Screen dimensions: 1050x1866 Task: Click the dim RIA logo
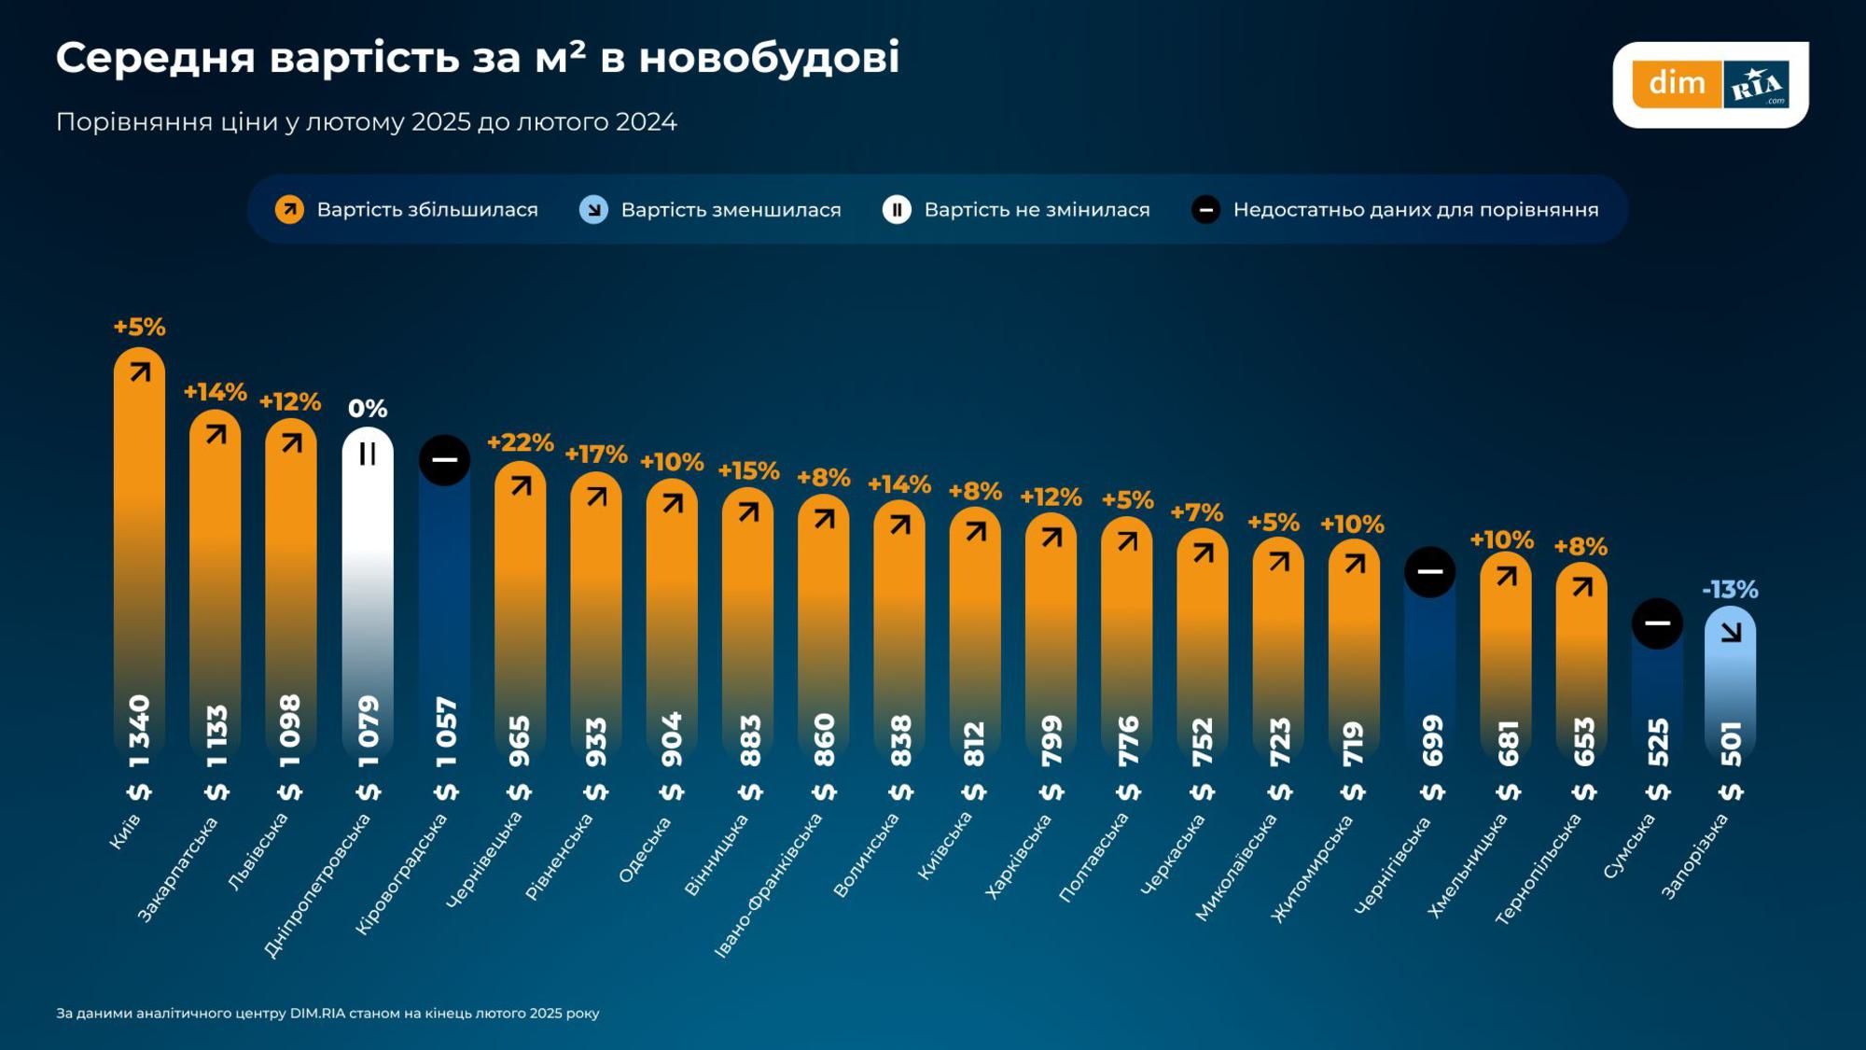click(1710, 84)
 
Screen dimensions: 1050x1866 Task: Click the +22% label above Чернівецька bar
click(520, 442)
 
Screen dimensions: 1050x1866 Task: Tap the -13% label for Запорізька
click(1729, 590)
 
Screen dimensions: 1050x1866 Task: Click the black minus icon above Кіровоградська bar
click(444, 460)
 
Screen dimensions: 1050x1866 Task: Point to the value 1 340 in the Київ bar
click(139, 732)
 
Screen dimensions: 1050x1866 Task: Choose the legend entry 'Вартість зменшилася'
click(730, 210)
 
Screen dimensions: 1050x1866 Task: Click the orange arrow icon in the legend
click(289, 210)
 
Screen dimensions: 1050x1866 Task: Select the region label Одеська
click(645, 850)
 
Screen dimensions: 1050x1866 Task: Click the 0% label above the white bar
click(368, 409)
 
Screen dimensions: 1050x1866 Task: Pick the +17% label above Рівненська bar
click(595, 455)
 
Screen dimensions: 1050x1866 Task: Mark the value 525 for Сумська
click(1658, 742)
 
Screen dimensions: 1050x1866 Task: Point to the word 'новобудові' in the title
click(769, 58)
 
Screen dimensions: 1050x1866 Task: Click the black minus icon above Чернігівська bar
click(1429, 572)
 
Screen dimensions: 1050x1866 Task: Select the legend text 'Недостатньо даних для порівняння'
click(1414, 210)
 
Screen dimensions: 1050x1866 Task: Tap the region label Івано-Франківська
click(768, 886)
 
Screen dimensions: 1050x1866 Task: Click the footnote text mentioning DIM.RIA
click(327, 1014)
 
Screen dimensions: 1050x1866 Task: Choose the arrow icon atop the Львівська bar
click(291, 443)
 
